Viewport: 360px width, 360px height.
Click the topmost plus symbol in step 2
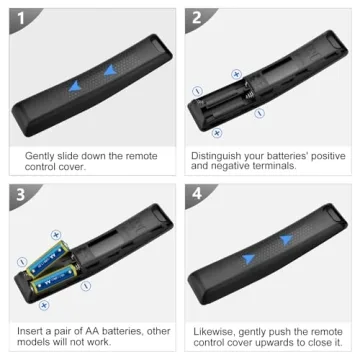click(x=236, y=74)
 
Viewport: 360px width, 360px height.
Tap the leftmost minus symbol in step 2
click(x=197, y=90)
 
